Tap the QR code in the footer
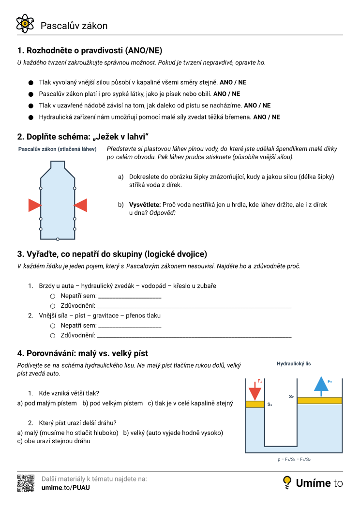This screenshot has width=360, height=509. [26, 483]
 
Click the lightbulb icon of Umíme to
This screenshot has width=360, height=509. [287, 482]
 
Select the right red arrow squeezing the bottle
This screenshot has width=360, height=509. [80, 205]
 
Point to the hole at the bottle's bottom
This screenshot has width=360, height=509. [58, 239]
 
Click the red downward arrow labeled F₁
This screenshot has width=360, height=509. [255, 390]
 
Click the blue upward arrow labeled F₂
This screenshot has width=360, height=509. [321, 385]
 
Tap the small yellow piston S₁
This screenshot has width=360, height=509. [255, 404]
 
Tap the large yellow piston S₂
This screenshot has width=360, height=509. [319, 400]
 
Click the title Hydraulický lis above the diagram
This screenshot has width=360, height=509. [294, 363]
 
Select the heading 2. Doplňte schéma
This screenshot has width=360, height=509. [82, 136]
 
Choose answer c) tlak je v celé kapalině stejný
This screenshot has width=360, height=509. [190, 403]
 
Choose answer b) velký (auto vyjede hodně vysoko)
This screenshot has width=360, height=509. [173, 433]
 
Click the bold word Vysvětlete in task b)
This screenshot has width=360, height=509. [145, 205]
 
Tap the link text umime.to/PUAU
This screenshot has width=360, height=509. [66, 487]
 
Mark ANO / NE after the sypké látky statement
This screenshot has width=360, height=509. [226, 94]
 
